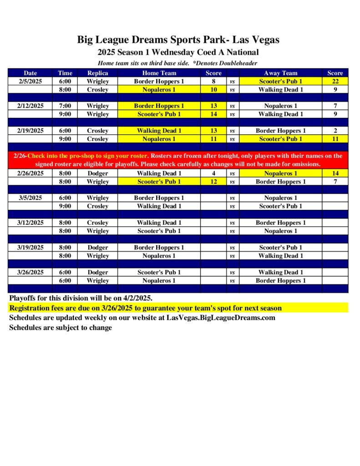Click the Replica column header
[97, 73]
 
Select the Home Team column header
[159, 73]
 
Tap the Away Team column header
[280, 73]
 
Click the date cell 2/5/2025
[30, 81]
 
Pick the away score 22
[335, 81]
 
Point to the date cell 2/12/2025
[30, 106]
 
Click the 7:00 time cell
[65, 106]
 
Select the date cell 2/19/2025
[30, 131]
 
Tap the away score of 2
[335, 131]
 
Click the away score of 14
[335, 173]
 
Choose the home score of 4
[213, 173]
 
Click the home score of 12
[213, 182]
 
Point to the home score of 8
[213, 81]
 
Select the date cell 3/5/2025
[30, 198]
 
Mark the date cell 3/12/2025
[30, 223]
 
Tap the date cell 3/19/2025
[30, 248]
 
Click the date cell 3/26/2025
[30, 273]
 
